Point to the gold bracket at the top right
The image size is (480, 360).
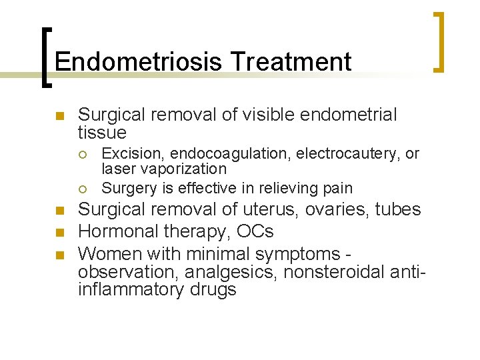[x=439, y=41]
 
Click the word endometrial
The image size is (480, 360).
[x=349, y=115]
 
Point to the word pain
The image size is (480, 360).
[x=338, y=188]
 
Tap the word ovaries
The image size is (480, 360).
[x=339, y=209]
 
